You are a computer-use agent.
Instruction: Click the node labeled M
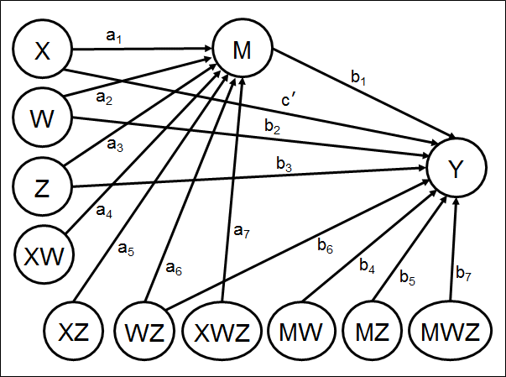click(x=244, y=51)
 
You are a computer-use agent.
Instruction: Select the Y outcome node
click(x=456, y=170)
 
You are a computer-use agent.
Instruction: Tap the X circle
click(x=41, y=51)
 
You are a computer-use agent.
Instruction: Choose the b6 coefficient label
click(x=325, y=245)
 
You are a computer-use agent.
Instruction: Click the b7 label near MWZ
click(x=462, y=272)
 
